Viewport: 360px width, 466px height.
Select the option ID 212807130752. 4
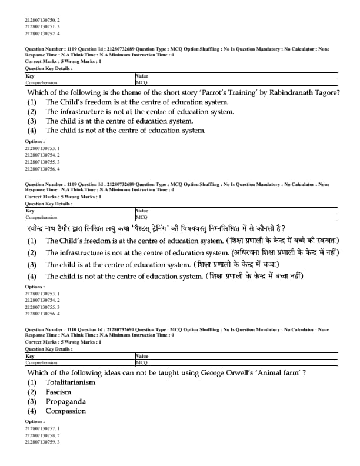pyautogui.click(x=42, y=34)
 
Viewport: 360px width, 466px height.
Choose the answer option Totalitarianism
pyautogui.click(x=70, y=382)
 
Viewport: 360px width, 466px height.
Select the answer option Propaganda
pyautogui.click(x=65, y=401)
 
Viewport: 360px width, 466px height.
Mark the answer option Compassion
pyautogui.click(x=65, y=411)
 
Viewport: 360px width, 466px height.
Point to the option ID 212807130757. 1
pyautogui.click(x=42, y=429)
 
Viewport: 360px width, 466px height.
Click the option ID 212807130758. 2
pyautogui.click(x=42, y=435)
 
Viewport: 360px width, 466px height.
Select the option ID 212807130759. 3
pyautogui.click(x=42, y=442)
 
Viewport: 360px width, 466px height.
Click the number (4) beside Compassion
pyautogui.click(x=32, y=411)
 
